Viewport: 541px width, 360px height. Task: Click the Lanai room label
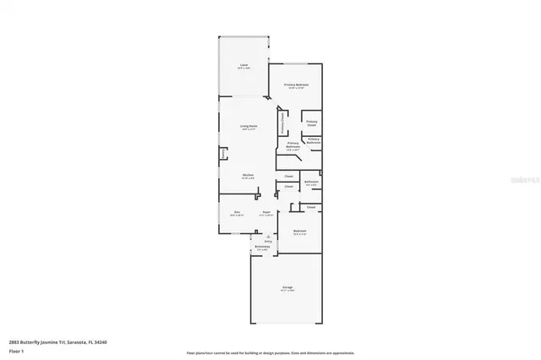[x=243, y=64]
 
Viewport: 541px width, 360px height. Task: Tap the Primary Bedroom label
[x=296, y=85]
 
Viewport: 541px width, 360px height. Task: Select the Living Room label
[x=249, y=126]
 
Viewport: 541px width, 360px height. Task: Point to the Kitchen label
[x=248, y=175]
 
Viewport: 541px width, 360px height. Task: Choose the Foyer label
[x=265, y=211]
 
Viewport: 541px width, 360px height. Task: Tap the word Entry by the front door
[x=269, y=241]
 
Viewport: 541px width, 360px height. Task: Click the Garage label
[x=287, y=288]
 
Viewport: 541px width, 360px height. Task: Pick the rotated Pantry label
[x=223, y=154]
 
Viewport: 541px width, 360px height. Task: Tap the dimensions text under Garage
[x=287, y=292]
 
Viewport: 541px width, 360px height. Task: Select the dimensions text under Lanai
[x=243, y=68]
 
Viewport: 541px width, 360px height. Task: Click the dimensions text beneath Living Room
[x=249, y=129]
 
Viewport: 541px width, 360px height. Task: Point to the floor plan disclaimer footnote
[x=270, y=352]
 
